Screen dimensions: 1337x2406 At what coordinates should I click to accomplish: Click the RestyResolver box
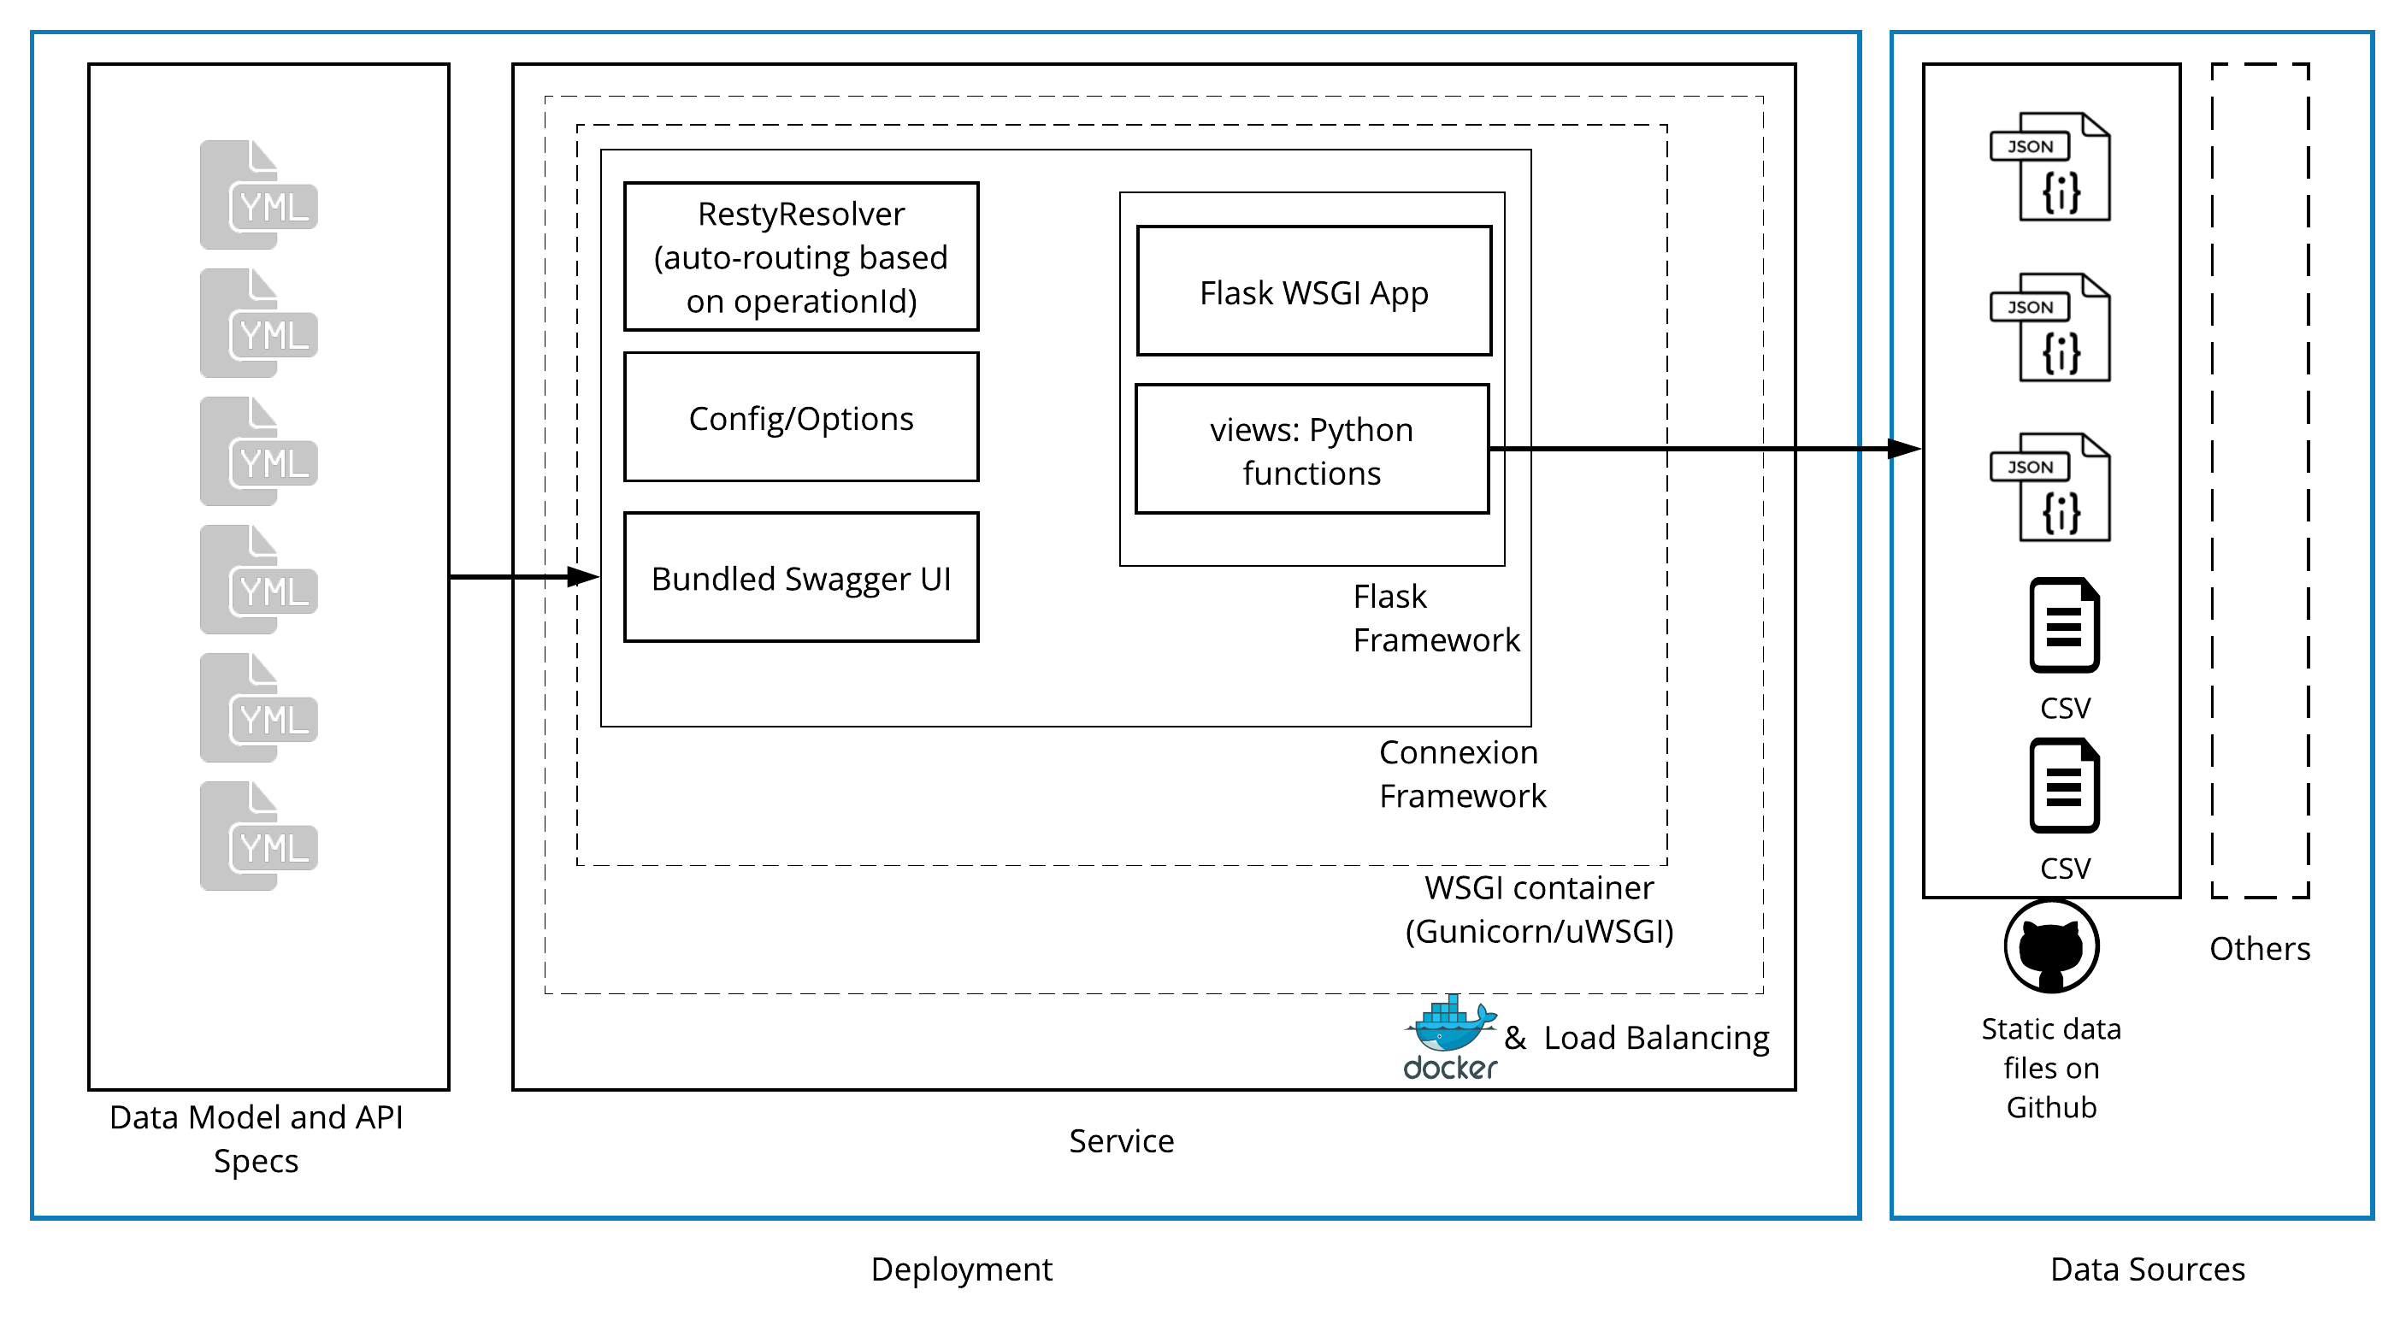[x=800, y=256]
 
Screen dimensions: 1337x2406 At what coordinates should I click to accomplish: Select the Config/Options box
[x=800, y=417]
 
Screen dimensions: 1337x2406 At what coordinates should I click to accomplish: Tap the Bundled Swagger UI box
[x=800, y=578]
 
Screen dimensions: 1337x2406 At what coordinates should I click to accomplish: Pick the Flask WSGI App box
[x=1313, y=292]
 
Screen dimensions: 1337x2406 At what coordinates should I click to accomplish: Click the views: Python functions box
[x=1312, y=450]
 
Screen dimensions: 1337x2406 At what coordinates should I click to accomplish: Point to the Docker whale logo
[x=1450, y=1025]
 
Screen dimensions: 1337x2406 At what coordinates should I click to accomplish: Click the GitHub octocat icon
[x=2051, y=946]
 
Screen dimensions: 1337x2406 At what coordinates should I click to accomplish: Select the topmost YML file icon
[x=258, y=194]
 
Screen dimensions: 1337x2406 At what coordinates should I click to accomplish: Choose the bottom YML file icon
[x=258, y=836]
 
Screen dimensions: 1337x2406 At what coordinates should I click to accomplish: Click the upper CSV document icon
[x=2064, y=626]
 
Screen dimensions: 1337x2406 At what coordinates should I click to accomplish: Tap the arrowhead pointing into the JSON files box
[x=1903, y=449]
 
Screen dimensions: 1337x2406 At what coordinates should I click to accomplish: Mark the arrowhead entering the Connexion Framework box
[x=583, y=577]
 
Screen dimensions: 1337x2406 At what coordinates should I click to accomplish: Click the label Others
[x=2259, y=949]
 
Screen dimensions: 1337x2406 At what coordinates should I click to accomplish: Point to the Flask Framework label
[x=1436, y=618]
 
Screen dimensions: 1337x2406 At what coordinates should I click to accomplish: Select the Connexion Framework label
[x=1462, y=774]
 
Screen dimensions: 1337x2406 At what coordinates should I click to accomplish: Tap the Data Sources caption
[x=2147, y=1269]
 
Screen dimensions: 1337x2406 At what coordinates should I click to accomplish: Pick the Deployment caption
[x=961, y=1269]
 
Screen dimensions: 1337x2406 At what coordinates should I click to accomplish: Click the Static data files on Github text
[x=2051, y=1068]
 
